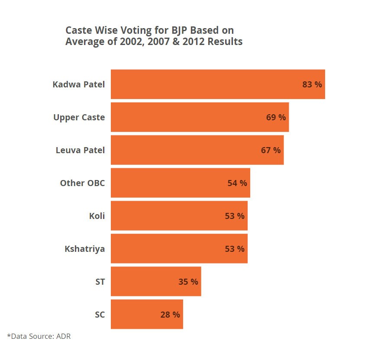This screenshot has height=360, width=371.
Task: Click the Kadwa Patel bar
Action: [x=218, y=84]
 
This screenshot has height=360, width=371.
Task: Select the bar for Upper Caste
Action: [x=200, y=117]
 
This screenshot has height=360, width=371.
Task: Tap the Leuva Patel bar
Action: [x=197, y=150]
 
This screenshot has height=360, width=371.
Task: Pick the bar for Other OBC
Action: [x=180, y=183]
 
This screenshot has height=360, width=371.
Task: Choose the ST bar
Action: [x=156, y=282]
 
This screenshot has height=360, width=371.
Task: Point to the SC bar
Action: [x=147, y=315]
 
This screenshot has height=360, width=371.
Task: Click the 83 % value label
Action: [x=312, y=84]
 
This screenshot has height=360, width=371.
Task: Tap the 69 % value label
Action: [x=276, y=117]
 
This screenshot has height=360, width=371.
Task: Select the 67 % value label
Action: [x=271, y=150]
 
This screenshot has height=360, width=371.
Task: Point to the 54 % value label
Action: [x=237, y=183]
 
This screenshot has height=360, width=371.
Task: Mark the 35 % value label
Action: [x=188, y=282]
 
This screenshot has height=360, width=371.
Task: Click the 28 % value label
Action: [x=170, y=315]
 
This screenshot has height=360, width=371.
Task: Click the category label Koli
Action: [x=97, y=216]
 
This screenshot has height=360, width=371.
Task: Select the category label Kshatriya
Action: [x=85, y=249]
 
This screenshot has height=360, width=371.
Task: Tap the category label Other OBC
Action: [x=82, y=183]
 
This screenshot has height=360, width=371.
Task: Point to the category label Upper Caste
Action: [x=79, y=117]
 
